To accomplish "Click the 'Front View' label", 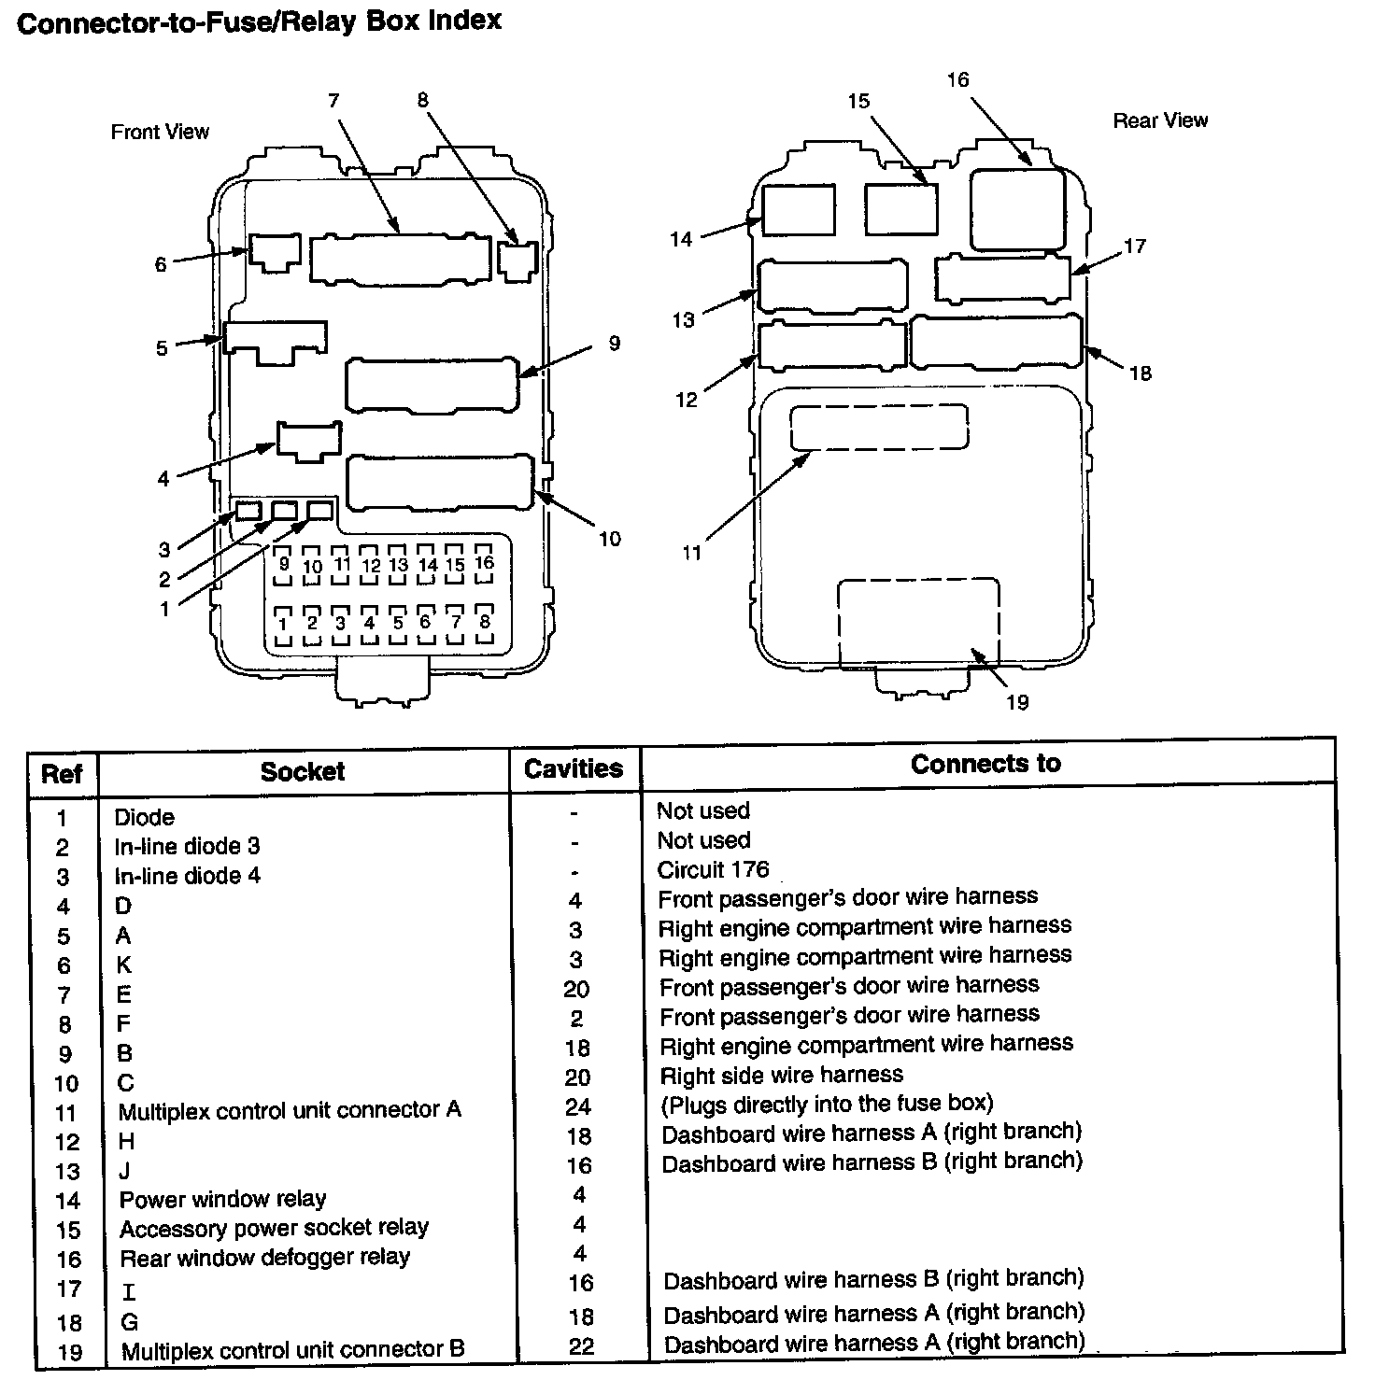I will (x=160, y=133).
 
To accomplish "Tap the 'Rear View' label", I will (x=1160, y=120).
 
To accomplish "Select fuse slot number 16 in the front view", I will (x=484, y=564).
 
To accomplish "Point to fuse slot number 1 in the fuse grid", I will (x=283, y=624).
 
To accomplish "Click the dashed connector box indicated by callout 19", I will (x=918, y=623).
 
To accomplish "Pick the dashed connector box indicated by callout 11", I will (x=879, y=428).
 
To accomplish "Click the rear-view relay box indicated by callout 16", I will (x=1017, y=209).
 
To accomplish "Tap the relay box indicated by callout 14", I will (x=799, y=209).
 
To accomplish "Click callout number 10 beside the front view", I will (x=609, y=539).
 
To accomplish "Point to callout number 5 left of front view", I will (x=162, y=348).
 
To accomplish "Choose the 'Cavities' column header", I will (x=574, y=769).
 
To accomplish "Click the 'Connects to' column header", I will (x=985, y=764).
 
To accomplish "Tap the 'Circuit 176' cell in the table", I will (x=713, y=870).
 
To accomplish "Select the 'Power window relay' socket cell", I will (x=222, y=1199).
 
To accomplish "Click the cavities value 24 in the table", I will (x=578, y=1107).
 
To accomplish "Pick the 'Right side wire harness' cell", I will (x=781, y=1075).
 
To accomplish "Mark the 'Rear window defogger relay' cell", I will (x=264, y=1258).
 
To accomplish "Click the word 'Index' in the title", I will (x=464, y=21).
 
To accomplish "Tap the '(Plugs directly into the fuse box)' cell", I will (x=827, y=1105).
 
